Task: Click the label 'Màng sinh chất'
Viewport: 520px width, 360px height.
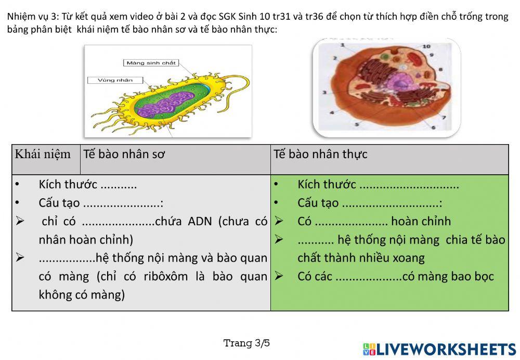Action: (x=151, y=63)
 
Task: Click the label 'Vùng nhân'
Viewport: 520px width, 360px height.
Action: (x=115, y=80)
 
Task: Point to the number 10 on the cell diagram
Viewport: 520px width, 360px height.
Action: (x=426, y=46)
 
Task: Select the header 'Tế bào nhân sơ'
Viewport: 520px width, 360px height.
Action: (x=124, y=155)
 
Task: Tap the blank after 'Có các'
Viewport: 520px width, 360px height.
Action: (x=368, y=277)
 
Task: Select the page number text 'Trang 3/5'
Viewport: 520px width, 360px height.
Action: (x=246, y=343)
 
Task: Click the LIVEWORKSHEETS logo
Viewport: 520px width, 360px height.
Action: (x=439, y=349)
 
